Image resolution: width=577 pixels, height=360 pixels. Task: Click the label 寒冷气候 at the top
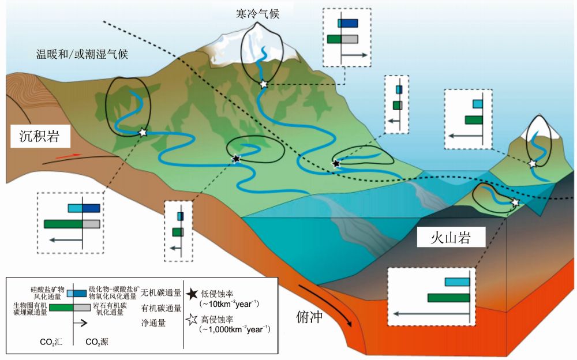click(258, 13)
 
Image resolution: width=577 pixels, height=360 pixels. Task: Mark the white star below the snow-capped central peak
click(264, 84)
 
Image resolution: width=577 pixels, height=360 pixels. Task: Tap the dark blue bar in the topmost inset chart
click(348, 24)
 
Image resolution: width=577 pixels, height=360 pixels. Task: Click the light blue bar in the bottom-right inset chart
click(457, 282)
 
